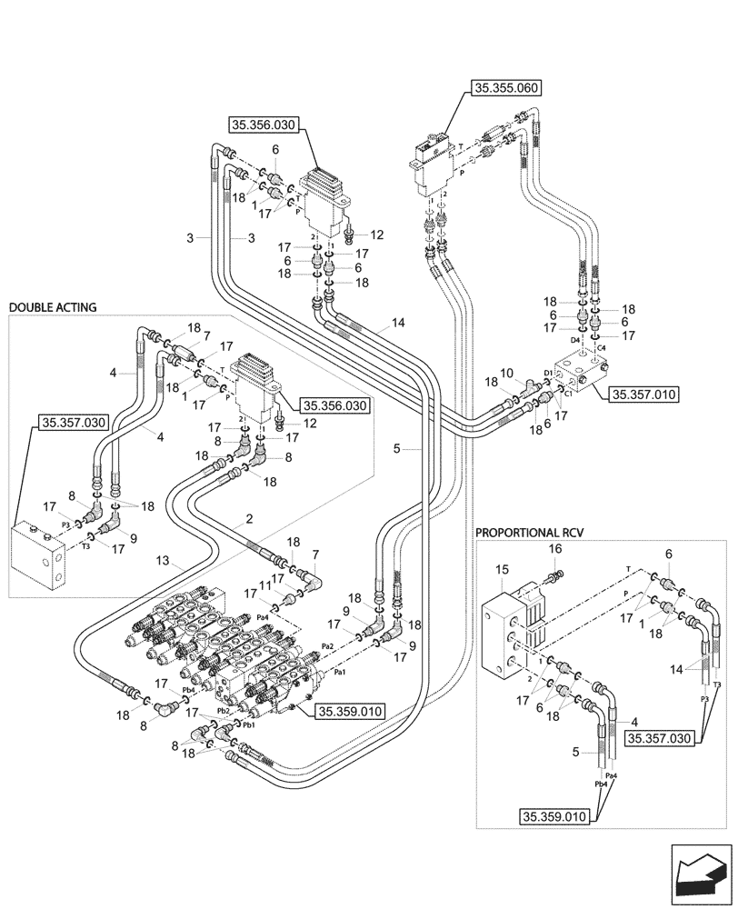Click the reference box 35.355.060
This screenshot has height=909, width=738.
[x=505, y=88]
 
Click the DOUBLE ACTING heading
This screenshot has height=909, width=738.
[x=53, y=308]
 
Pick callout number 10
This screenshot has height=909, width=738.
[x=507, y=373]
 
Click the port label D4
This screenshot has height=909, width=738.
[x=573, y=340]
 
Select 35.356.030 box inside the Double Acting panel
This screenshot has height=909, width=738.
[x=334, y=406]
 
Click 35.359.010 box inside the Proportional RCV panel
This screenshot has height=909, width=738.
[x=553, y=814]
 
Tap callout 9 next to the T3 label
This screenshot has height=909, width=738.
[x=134, y=538]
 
